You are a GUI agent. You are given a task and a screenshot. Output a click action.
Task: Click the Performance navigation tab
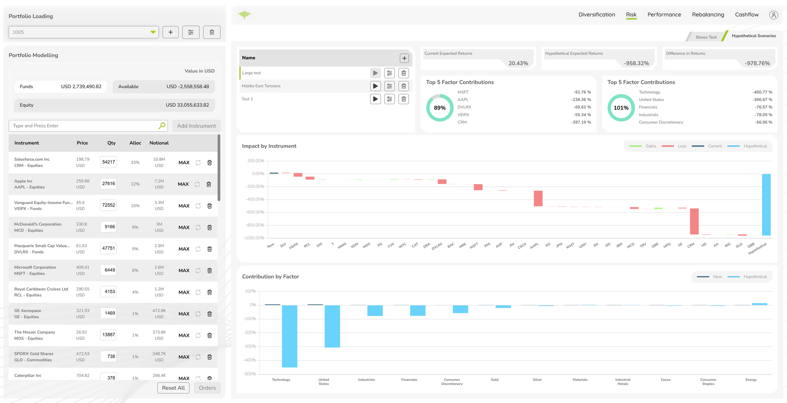coord(664,15)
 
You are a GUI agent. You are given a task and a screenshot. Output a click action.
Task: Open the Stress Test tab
coord(706,37)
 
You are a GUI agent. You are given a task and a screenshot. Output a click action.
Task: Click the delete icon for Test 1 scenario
coord(403,99)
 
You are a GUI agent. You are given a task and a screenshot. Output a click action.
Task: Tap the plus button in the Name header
coord(404,58)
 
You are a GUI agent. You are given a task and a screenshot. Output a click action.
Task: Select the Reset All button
coord(173,388)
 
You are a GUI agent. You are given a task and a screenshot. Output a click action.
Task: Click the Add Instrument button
coord(196,126)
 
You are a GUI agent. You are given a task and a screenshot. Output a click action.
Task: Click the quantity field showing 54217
coord(108,162)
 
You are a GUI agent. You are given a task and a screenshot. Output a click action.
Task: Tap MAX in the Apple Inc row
coord(183,184)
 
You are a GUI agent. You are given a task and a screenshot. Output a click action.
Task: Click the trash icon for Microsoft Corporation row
coord(209,271)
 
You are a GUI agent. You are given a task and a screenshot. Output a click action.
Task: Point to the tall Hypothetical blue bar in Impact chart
coord(766,204)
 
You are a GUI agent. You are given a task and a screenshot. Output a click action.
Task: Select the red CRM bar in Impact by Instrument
coord(694,221)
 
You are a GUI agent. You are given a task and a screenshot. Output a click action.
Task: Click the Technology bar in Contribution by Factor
coord(290,336)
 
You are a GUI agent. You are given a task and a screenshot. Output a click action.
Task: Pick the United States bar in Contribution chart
coord(332,326)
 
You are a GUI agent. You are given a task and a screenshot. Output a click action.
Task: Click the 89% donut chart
coord(440,108)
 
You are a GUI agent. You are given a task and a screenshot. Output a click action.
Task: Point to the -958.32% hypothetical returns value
coord(636,63)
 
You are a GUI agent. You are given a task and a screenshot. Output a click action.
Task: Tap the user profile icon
coord(773,15)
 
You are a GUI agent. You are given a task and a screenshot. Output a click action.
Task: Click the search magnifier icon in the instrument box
coord(162,125)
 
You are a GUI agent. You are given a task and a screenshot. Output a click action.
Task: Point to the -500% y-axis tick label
coord(250,374)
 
